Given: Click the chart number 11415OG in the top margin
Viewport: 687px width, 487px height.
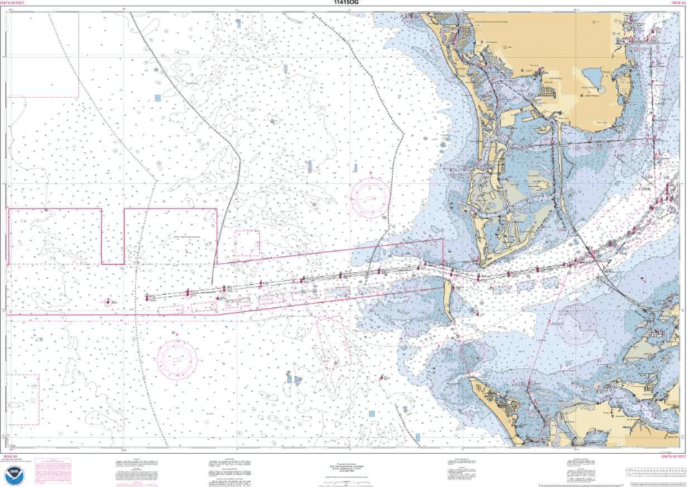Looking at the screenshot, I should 343,3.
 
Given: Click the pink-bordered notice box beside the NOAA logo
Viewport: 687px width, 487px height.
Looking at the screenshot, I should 52,468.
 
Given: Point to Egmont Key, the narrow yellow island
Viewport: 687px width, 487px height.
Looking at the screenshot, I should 449,300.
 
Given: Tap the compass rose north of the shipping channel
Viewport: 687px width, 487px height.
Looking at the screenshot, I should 370,197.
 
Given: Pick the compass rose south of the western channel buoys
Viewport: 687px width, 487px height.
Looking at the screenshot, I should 177,355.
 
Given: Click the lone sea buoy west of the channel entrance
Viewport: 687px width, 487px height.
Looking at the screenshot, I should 108,301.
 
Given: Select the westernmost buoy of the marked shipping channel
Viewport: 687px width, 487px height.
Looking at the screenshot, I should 148,298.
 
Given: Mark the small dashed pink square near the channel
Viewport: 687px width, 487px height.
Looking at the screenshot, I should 247,243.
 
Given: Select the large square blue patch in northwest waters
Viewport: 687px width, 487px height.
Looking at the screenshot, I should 158,98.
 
